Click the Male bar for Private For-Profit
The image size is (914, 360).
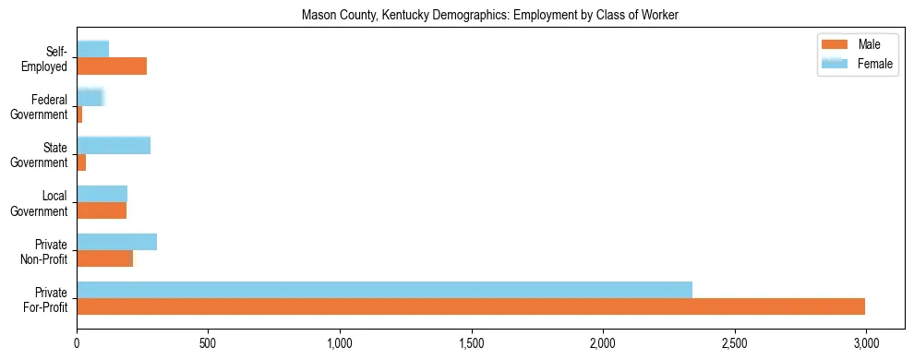pos(471,306)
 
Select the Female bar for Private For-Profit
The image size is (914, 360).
pos(384,290)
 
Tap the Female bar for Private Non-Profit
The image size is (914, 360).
pos(116,242)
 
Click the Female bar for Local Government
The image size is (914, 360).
pos(102,194)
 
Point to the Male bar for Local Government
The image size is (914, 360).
pos(101,210)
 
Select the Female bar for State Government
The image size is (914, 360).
pos(114,146)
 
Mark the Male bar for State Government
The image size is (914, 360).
pos(81,162)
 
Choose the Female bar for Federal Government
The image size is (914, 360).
pos(90,97)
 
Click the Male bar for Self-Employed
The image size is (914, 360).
pos(112,66)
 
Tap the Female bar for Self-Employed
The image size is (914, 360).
pos(92,49)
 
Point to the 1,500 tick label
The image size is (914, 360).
pos(471,343)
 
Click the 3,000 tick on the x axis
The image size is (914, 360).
pos(866,343)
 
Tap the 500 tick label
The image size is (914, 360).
pos(208,343)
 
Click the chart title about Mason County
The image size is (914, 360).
pos(490,15)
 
